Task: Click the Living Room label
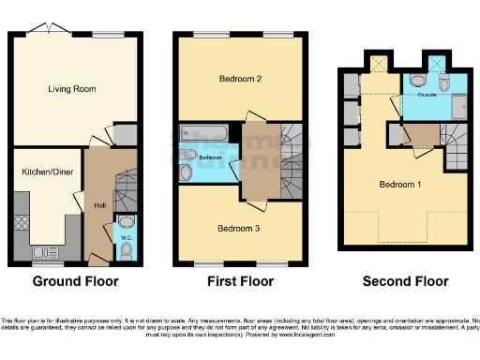[x=73, y=89]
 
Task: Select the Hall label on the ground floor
[x=99, y=204]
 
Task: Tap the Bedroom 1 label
[x=400, y=184]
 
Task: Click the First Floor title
[x=241, y=280]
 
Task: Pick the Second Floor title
[x=407, y=280]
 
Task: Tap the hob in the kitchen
[x=21, y=223]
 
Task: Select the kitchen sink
[x=44, y=251]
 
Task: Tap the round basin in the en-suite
[x=444, y=83]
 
